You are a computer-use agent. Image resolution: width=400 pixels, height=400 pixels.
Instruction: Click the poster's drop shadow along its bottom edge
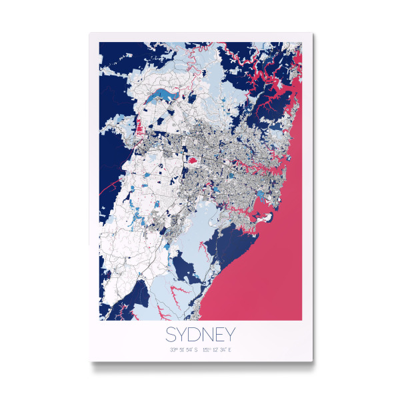click(200, 364)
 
